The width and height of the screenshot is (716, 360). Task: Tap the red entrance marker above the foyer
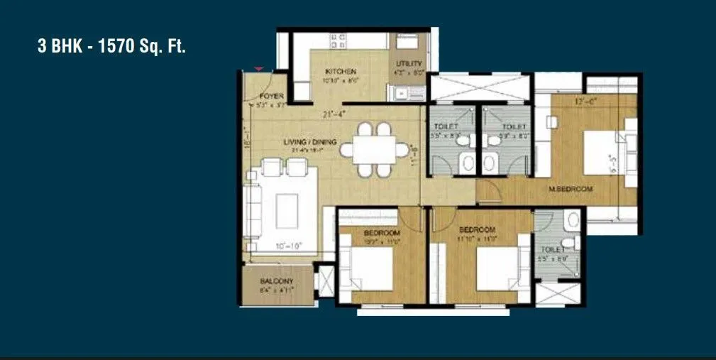point(259,68)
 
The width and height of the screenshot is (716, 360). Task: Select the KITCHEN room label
point(341,72)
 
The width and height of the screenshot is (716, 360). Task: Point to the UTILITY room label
point(409,64)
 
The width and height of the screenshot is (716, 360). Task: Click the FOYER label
point(272,96)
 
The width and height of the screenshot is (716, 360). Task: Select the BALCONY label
point(277,281)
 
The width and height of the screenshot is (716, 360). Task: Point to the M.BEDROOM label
point(570,189)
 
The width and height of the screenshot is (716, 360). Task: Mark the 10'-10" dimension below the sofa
point(289,246)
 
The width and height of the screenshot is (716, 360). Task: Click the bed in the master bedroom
point(602,150)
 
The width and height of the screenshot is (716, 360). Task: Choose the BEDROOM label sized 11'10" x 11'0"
point(478,229)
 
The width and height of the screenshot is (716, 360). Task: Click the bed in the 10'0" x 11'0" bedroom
point(369,268)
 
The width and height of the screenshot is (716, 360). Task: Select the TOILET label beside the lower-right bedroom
point(552,250)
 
